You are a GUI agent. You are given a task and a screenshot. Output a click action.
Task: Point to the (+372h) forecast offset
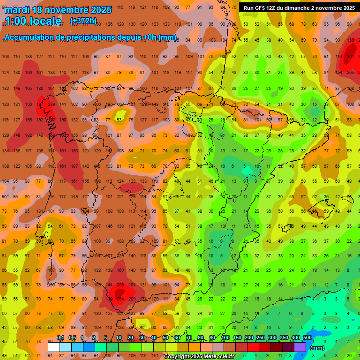(83, 21)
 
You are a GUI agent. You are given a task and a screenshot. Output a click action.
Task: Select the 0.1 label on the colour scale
(60, 338)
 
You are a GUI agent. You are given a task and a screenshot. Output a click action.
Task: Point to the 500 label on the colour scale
(307, 338)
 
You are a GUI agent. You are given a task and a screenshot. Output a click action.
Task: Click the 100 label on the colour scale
(225, 338)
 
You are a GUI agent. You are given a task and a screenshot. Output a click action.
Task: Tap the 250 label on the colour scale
(260, 338)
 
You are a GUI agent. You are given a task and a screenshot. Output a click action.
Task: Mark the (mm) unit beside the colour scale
(318, 348)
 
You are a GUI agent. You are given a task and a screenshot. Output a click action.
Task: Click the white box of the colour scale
(54, 347)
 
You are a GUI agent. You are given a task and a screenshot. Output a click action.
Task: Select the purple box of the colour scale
(300, 347)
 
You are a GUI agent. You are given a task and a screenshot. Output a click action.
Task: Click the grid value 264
(120, 299)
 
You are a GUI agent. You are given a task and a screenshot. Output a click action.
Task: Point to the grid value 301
(350, 57)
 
